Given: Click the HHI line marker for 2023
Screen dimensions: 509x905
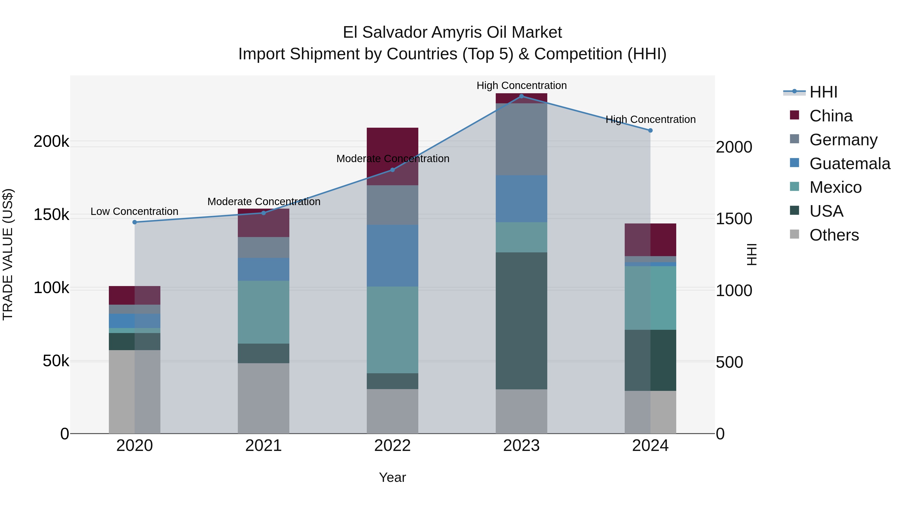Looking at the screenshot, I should tap(521, 96).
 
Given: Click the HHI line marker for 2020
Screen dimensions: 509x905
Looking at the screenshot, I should tap(134, 222).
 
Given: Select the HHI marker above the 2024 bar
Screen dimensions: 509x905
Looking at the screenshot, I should tap(650, 130).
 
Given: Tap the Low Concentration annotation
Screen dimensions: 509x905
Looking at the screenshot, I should tap(134, 211).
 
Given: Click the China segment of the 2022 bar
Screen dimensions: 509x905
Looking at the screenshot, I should tap(392, 148).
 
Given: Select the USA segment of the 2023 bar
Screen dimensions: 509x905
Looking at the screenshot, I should tap(521, 320).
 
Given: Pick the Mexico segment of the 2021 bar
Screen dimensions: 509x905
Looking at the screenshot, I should tap(263, 312).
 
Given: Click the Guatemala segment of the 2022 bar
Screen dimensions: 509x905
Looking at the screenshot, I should tap(392, 255).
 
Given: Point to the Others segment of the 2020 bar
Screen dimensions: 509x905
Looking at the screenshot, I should tap(134, 392).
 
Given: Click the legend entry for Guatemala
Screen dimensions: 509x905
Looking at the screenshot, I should tap(849, 164).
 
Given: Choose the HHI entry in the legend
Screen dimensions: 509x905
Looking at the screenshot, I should tap(823, 92).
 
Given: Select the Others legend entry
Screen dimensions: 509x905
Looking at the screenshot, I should tap(834, 235).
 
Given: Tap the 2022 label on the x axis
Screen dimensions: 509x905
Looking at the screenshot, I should tap(392, 446).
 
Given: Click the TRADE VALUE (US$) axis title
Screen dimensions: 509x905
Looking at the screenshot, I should tap(8, 254).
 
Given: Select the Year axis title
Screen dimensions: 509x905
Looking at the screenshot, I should tap(392, 477).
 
